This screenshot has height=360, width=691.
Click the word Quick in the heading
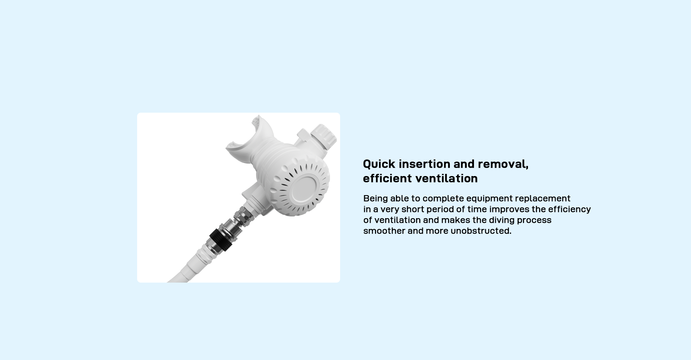point(379,164)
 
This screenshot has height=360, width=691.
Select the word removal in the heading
point(503,164)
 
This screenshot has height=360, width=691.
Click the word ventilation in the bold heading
point(446,178)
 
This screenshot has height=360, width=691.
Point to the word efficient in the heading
point(387,178)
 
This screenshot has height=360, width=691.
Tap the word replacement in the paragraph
point(543,199)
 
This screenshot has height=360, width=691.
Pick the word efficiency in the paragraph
point(569,210)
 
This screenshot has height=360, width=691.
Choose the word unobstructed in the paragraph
point(481,231)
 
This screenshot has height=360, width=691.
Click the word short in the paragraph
point(413,210)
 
